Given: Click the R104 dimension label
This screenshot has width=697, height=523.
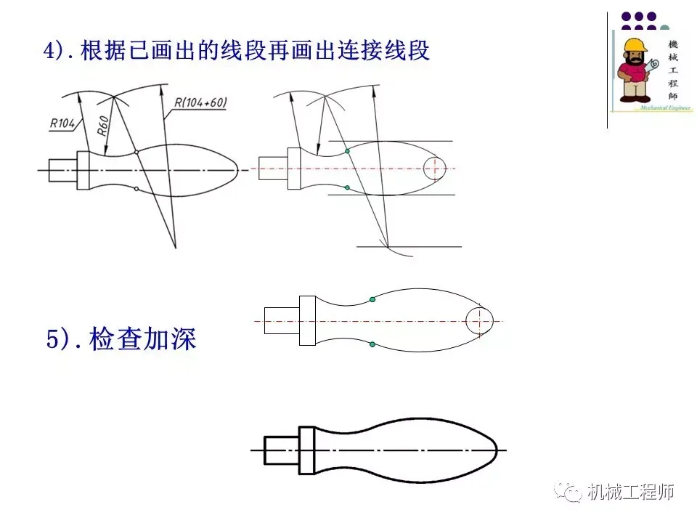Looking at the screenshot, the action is coord(63,123).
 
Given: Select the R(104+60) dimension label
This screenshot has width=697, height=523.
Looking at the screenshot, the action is coord(200,103).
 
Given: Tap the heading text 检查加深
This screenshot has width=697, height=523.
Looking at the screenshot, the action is coord(143,339).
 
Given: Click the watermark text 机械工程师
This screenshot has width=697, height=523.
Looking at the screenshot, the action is coord(631,492).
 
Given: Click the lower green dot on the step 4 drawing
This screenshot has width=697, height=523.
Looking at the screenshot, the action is coord(348,188).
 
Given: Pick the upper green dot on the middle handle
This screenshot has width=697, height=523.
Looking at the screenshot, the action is coord(372,299).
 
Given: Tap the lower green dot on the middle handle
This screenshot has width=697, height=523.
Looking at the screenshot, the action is coord(372,344).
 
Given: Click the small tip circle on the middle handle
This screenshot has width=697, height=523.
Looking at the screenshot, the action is coord(478,320).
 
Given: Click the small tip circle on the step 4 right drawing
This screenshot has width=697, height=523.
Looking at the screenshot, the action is coord(433,169).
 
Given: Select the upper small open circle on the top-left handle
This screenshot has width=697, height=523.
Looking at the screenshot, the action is coord(136,152).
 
